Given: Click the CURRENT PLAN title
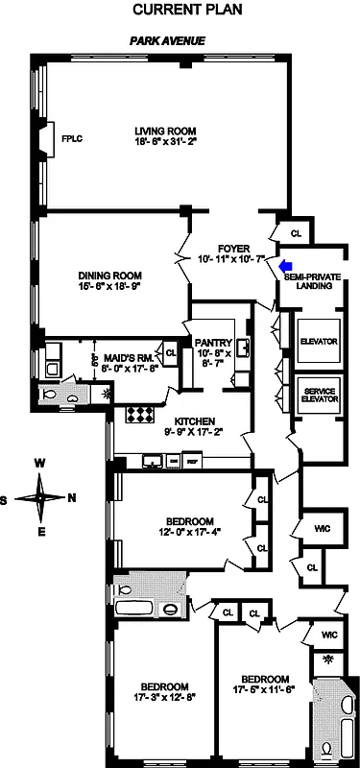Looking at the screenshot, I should tap(180, 10).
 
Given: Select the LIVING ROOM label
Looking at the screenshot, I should tap(164, 132).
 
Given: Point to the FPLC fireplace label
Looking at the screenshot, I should tap(72, 139).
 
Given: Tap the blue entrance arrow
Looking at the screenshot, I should tap(284, 266).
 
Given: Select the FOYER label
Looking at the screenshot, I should tap(233, 247).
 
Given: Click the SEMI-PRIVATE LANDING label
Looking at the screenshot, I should tap(313, 280).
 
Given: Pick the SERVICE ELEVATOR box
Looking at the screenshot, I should tap(318, 396).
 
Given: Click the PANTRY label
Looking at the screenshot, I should tap(210, 342).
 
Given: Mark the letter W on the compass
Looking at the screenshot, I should tap(41, 463).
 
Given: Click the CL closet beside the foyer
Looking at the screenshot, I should tap(296, 231).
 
